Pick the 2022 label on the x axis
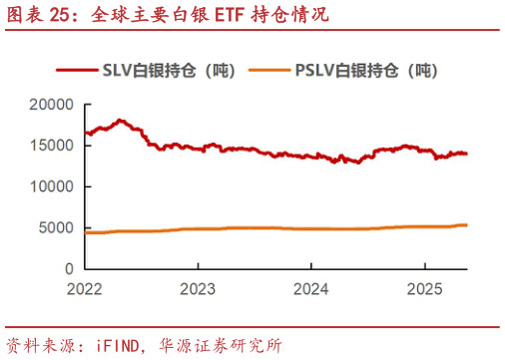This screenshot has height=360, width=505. (x=85, y=289)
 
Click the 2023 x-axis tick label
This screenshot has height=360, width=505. (x=198, y=289)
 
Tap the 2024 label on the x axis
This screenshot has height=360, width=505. (x=310, y=289)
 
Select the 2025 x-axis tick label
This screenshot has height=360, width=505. (x=424, y=289)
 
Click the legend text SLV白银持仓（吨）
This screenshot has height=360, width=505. (x=169, y=70)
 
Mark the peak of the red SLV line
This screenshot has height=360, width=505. (x=121, y=120)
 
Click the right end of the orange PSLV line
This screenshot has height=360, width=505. (x=467, y=224)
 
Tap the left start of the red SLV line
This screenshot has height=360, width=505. (x=85, y=133)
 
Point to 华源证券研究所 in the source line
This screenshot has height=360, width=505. (x=224, y=345)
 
